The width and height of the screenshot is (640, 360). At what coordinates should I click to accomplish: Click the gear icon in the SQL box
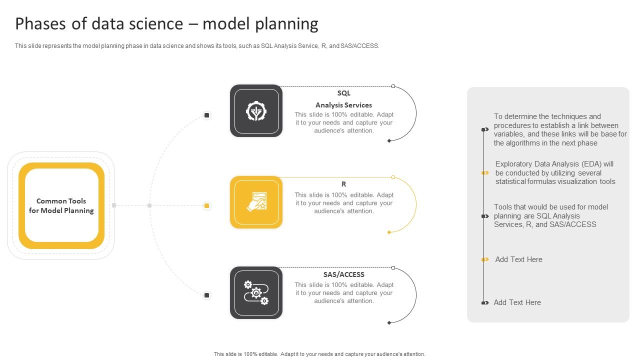tap(256, 111)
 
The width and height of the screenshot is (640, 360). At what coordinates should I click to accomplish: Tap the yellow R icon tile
tap(256, 202)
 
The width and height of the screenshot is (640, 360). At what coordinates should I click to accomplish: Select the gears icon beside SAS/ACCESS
tap(256, 293)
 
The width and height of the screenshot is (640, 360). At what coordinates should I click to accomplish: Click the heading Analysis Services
tap(343, 105)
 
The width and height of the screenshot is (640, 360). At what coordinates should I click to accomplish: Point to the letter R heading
tap(344, 184)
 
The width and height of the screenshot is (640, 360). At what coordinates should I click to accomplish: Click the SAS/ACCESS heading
tap(344, 274)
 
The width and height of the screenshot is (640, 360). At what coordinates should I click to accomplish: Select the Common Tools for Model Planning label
tap(61, 205)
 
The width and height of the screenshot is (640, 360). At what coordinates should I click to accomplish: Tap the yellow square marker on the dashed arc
tap(206, 205)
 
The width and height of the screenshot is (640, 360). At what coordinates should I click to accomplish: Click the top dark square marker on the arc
tap(206, 115)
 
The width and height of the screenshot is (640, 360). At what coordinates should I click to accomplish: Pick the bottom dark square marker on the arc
tap(206, 295)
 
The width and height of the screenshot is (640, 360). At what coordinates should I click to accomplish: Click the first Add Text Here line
tap(518, 259)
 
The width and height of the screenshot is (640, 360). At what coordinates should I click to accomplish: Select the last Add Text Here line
tap(517, 302)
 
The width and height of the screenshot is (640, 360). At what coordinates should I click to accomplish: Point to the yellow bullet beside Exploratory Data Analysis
tap(485, 173)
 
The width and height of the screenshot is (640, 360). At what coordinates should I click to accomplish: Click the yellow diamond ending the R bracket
tap(389, 232)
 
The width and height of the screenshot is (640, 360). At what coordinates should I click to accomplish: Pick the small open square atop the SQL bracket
tap(393, 86)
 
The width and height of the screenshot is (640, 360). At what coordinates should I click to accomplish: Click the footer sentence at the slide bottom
tap(319, 354)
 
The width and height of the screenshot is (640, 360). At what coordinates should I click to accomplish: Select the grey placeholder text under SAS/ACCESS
tap(344, 293)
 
